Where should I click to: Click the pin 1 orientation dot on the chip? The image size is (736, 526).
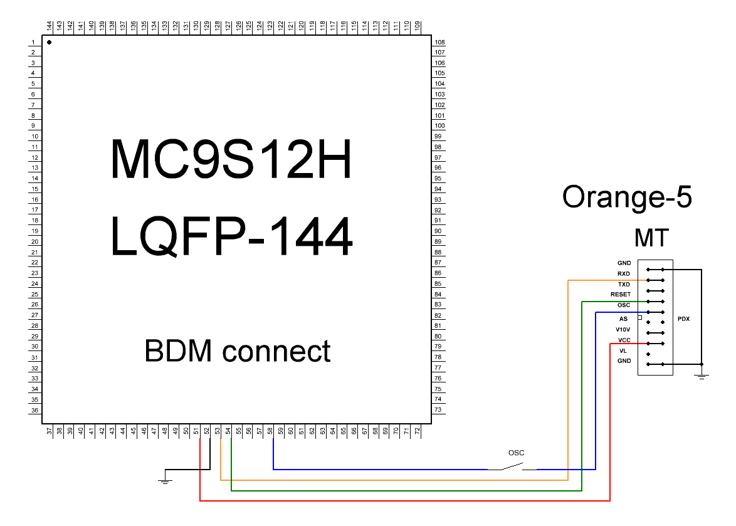click(x=49, y=43)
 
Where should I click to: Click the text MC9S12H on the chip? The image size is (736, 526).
click(x=231, y=159)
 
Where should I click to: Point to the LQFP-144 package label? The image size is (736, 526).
click(x=231, y=237)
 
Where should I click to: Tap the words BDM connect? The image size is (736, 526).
click(x=238, y=351)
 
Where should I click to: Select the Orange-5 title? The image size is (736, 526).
click(x=627, y=197)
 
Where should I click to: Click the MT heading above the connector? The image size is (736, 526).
click(x=651, y=238)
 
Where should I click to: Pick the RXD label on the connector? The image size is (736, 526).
click(x=623, y=274)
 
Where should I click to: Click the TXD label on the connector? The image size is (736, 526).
click(x=623, y=285)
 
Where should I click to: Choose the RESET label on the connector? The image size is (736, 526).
click(x=621, y=295)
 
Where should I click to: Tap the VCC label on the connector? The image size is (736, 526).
click(x=623, y=340)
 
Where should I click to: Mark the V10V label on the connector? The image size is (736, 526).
click(x=623, y=329)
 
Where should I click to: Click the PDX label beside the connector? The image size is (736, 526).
click(x=683, y=319)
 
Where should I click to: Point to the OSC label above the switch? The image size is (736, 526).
click(x=516, y=453)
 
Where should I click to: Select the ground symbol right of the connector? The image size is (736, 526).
click(x=702, y=375)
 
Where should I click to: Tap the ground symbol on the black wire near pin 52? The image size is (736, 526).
click(x=164, y=480)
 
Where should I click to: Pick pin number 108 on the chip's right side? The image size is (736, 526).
click(x=439, y=43)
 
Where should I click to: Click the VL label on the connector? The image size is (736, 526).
click(x=623, y=351)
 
